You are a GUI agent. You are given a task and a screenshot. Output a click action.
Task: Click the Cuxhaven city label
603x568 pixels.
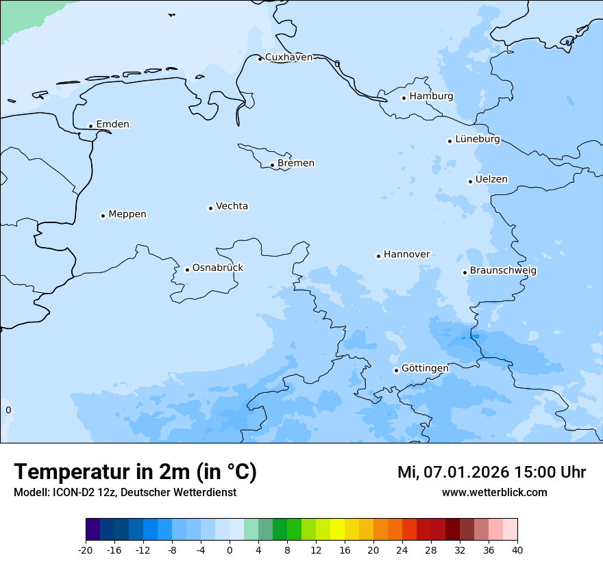tap(288, 57)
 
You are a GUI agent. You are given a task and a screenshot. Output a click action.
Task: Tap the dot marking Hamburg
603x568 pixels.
tap(404, 98)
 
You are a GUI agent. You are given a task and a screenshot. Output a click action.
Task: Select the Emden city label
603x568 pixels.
tap(112, 125)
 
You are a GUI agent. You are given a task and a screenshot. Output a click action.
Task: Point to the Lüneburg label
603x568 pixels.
tap(478, 140)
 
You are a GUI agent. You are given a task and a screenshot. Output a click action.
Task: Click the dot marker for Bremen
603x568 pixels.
tap(272, 165)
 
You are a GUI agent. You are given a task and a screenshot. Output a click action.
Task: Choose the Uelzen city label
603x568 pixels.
tap(491, 180)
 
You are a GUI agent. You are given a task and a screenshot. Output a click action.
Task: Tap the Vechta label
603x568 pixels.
tap(232, 207)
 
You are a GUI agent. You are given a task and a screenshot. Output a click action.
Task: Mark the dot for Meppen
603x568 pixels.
tap(103, 216)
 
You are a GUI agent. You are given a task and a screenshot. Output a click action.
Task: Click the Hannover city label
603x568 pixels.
tap(406, 255)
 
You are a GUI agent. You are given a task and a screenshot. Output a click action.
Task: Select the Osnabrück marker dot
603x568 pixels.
tap(187, 270)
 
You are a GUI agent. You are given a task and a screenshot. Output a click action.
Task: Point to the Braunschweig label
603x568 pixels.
tap(503, 271)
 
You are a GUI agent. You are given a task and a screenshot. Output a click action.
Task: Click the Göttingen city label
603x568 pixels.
tap(425, 369)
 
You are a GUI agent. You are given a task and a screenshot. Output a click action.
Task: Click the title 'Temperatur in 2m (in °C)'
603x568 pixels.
tap(135, 472)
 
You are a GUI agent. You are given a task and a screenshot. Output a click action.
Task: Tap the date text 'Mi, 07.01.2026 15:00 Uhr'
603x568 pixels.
tap(491, 472)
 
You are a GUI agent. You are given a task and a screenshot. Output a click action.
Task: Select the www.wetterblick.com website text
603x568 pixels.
tap(494, 493)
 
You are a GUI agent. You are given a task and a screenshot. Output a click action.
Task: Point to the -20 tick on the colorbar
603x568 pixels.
tap(86, 550)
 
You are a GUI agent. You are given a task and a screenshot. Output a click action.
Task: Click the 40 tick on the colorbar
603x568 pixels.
tap(517, 550)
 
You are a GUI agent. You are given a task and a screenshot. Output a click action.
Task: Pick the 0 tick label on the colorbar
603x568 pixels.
tap(230, 550)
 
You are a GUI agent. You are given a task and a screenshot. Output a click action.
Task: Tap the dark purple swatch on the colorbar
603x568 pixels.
tap(93, 530)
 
